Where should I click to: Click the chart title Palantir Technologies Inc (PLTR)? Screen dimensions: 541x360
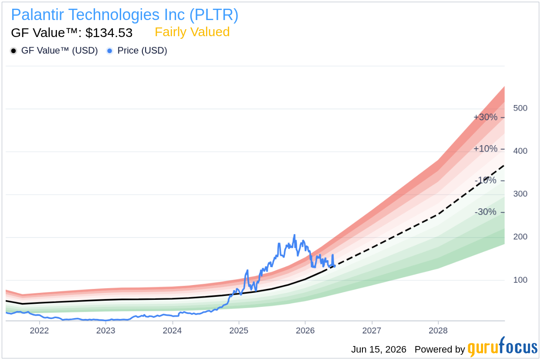pyautogui.click(x=125, y=15)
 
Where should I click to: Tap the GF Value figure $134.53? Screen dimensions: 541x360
pyautogui.click(x=109, y=33)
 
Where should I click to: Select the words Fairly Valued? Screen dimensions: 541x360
pyautogui.click(x=192, y=32)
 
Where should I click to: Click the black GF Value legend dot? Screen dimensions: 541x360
pyautogui.click(x=14, y=51)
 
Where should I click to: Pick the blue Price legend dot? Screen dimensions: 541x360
pyautogui.click(x=110, y=51)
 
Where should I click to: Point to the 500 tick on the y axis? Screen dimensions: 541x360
pyautogui.click(x=520, y=108)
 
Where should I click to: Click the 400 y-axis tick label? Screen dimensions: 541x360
pyautogui.click(x=520, y=151)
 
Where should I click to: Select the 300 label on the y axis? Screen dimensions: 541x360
pyautogui.click(x=520, y=194)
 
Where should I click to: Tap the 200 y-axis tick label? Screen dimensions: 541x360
pyautogui.click(x=520, y=237)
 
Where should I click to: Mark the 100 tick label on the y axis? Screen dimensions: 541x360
pyautogui.click(x=520, y=280)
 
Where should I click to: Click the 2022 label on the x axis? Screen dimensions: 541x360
pyautogui.click(x=39, y=330)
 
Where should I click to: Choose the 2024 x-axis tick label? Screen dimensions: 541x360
pyautogui.click(x=172, y=330)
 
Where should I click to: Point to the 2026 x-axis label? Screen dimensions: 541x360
pyautogui.click(x=305, y=330)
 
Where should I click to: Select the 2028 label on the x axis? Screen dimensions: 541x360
pyautogui.click(x=438, y=330)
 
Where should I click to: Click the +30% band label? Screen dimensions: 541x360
pyautogui.click(x=485, y=117)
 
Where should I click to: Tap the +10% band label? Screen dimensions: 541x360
pyautogui.click(x=485, y=149)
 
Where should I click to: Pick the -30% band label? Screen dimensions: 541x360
pyautogui.click(x=485, y=212)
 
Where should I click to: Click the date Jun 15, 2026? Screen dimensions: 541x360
pyautogui.click(x=379, y=350)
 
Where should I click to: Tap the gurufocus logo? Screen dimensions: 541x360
pyautogui.click(x=503, y=347)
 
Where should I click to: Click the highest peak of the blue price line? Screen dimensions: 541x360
pyautogui.click(x=294, y=235)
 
